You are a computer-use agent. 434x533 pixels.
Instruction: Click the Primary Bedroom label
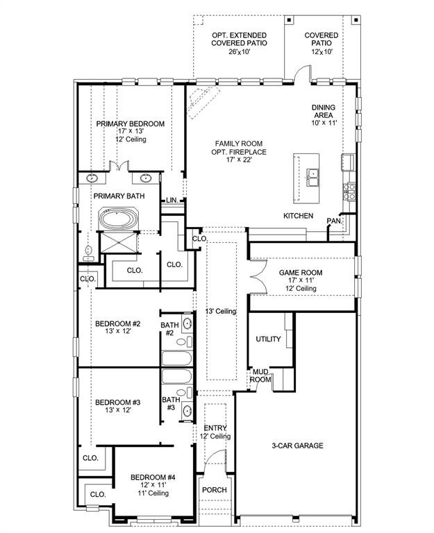click(x=131, y=124)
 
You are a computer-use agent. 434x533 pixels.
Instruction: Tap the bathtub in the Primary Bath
click(x=117, y=219)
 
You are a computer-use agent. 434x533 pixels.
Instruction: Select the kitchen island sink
click(x=312, y=177)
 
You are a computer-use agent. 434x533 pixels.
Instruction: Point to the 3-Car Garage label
click(x=298, y=446)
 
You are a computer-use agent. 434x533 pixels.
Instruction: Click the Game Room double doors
click(x=259, y=277)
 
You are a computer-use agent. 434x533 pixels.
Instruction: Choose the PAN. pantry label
click(x=334, y=221)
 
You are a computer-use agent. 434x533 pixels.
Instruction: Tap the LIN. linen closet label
click(x=172, y=200)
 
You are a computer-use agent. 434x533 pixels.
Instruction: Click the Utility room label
click(x=268, y=339)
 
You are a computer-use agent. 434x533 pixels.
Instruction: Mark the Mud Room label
click(x=261, y=375)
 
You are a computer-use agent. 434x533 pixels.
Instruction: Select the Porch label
click(x=215, y=490)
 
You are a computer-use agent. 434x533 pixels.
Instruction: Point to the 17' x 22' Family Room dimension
click(x=238, y=160)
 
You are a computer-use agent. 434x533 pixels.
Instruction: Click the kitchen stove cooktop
click(x=349, y=192)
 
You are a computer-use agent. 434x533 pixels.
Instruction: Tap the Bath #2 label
click(x=169, y=329)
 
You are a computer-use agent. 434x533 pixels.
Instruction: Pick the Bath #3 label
click(x=171, y=403)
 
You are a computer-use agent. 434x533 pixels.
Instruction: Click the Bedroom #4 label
click(x=153, y=477)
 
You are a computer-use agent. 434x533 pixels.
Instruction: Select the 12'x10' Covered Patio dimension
click(x=322, y=51)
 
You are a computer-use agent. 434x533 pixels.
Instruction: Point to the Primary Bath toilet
click(x=89, y=253)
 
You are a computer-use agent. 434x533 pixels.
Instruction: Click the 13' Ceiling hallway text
click(x=221, y=312)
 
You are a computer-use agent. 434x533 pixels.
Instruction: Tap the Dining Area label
click(x=324, y=111)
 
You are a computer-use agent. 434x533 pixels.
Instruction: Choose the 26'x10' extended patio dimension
click(x=239, y=51)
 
